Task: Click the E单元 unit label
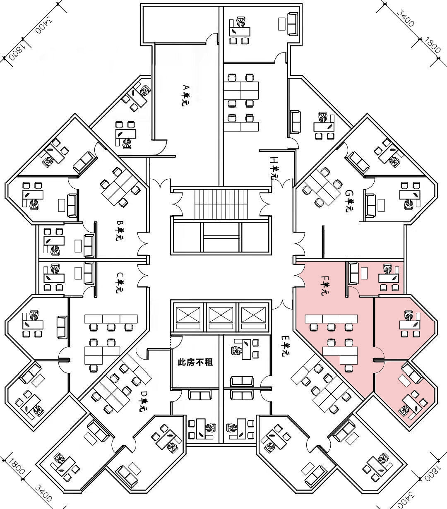click(285, 346)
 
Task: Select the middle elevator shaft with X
click(221, 317)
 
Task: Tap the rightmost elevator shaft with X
click(253, 317)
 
